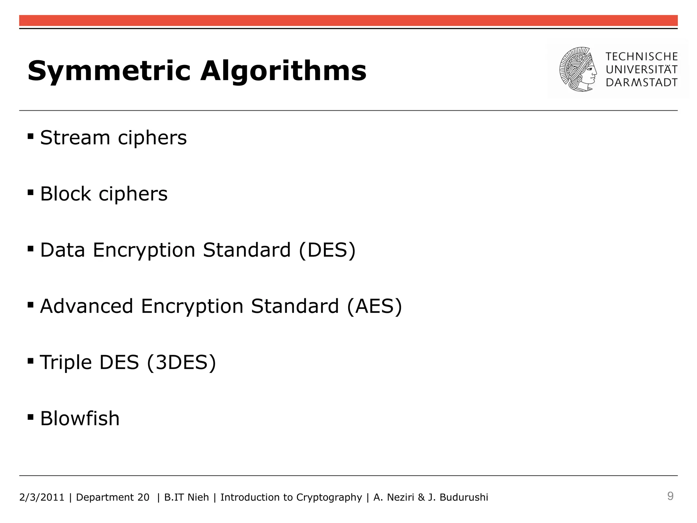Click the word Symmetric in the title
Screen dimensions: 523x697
point(109,71)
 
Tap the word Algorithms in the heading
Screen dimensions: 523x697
point(283,71)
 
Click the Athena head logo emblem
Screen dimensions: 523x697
point(578,69)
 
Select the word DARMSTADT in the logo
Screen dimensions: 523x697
point(642,82)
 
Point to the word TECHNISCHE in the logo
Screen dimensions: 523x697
point(642,57)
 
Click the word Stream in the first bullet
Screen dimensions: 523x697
point(75,138)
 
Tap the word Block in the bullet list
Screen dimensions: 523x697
point(66,194)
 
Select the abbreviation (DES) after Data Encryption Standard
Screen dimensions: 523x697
point(327,250)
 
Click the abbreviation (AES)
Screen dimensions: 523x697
point(374,306)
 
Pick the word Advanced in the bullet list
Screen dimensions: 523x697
point(86,306)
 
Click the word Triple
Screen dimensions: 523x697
point(66,362)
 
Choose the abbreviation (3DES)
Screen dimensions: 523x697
point(181,362)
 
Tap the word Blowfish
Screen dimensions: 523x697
point(80,418)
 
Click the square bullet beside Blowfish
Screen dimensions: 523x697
point(31,417)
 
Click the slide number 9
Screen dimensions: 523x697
point(670,496)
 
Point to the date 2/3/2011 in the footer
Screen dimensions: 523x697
point(42,497)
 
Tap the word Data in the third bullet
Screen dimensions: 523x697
point(63,250)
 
